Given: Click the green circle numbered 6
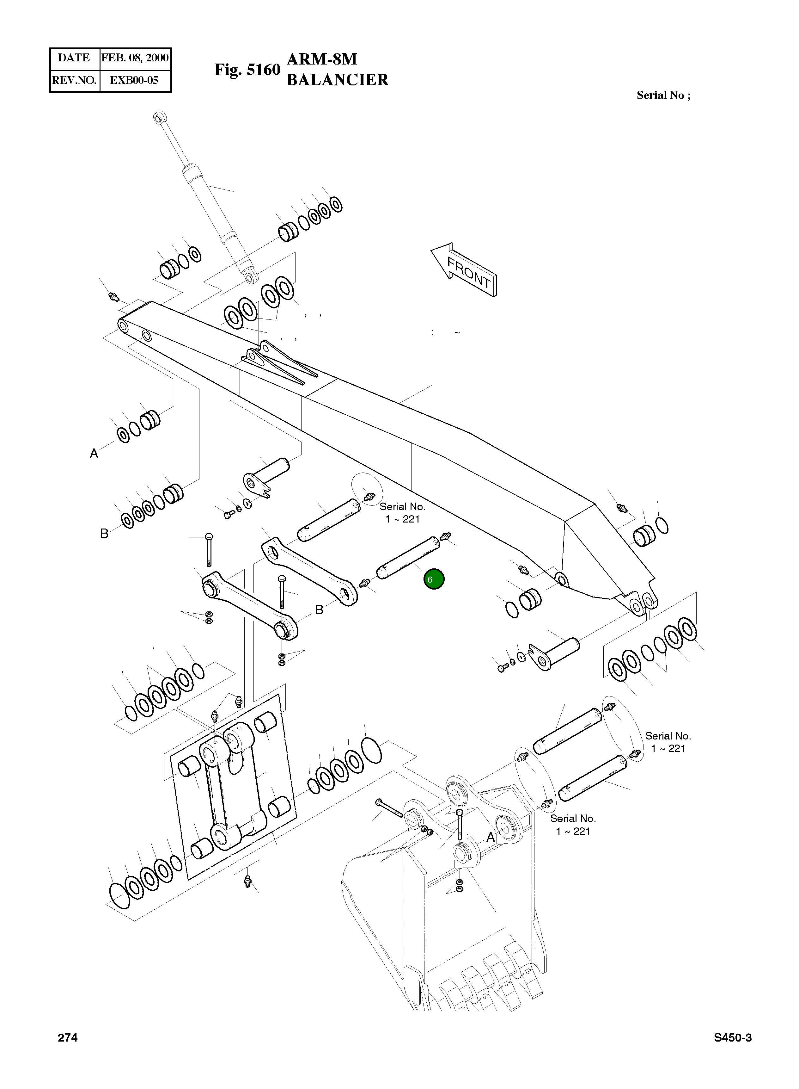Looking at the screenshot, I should (434, 579).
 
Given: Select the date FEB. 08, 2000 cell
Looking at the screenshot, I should (135, 58).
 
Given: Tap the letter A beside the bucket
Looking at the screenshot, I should (491, 837).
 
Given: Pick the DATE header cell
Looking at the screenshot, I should (74, 58).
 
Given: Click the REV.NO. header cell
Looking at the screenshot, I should (74, 80).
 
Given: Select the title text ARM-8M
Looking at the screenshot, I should (322, 59).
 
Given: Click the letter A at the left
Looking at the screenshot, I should (94, 454).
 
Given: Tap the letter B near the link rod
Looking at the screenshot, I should (319, 610).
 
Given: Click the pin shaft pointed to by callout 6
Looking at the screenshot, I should (409, 558).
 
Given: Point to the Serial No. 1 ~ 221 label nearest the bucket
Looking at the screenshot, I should (573, 825).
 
